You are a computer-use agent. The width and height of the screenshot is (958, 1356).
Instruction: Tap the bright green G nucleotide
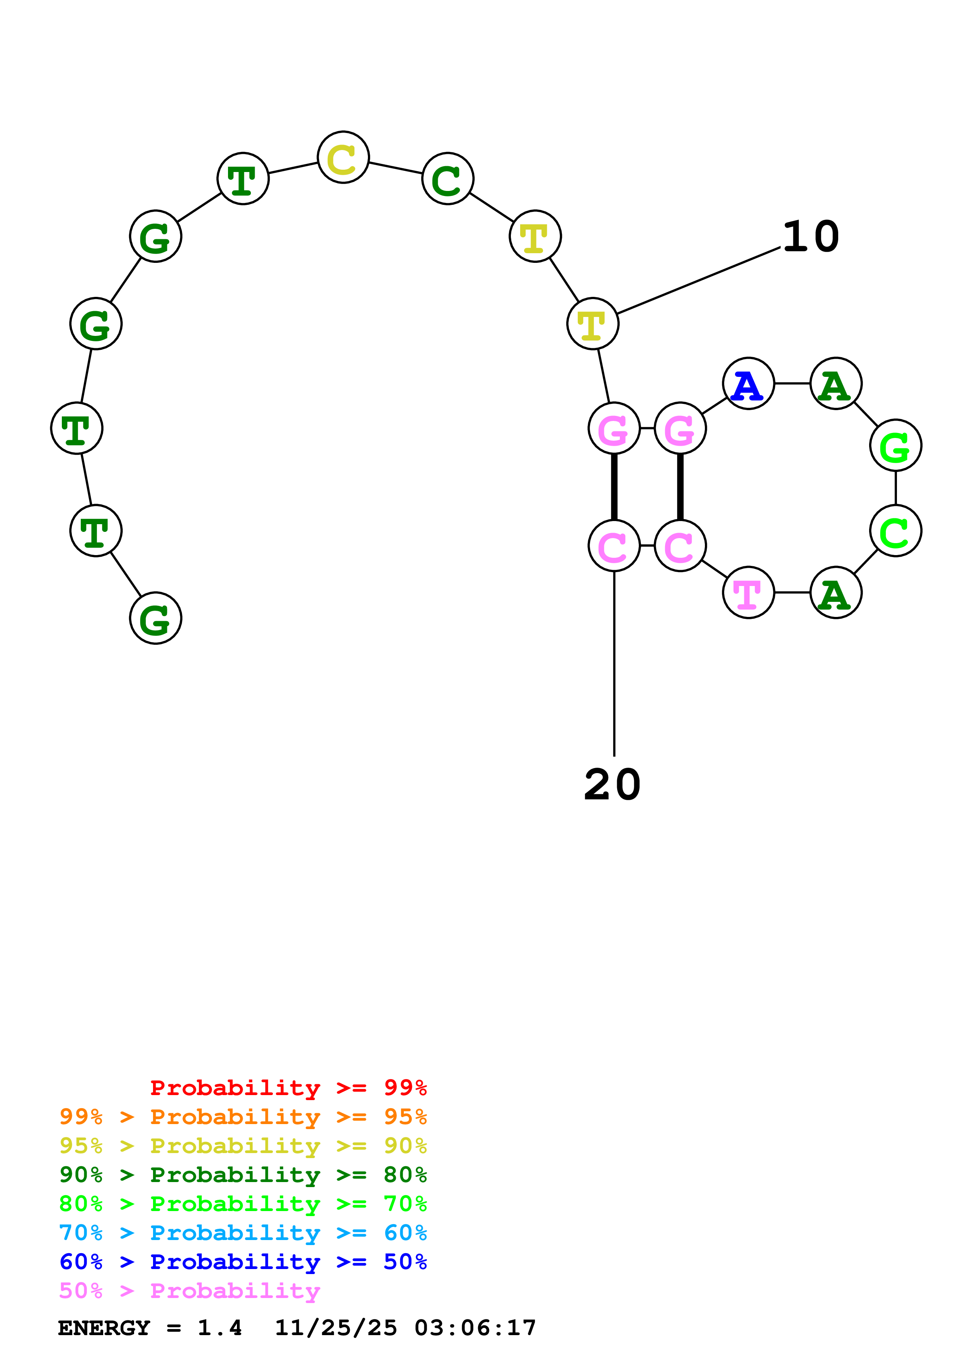tap(895, 445)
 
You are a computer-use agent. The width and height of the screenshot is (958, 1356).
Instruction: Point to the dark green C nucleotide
tap(448, 178)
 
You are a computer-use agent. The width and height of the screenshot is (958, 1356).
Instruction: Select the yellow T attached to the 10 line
tap(593, 324)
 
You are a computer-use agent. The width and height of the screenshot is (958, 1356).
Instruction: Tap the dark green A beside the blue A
tap(836, 383)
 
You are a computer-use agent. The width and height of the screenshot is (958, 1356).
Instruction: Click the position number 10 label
tap(810, 236)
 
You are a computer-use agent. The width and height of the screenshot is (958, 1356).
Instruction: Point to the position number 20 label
tap(612, 785)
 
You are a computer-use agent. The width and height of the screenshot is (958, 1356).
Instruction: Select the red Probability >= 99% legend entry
tap(288, 1087)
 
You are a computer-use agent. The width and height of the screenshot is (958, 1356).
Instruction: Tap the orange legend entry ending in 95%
tap(243, 1116)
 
